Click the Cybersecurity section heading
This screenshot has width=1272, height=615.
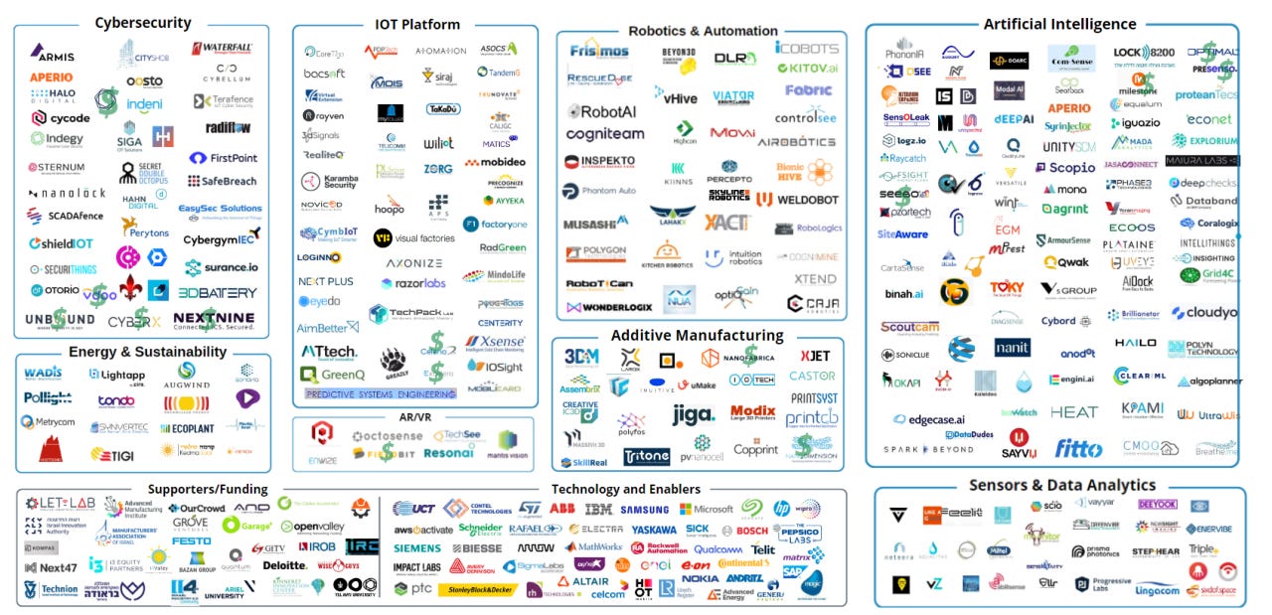[143, 23]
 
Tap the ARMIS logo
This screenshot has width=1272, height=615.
[52, 52]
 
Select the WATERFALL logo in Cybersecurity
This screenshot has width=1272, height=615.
[222, 48]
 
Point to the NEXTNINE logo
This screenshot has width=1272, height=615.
[214, 320]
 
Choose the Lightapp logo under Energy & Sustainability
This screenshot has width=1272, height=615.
[117, 375]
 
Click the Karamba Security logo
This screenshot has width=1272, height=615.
[329, 181]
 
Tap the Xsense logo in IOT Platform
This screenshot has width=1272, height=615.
[495, 342]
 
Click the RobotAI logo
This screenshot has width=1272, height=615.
[602, 112]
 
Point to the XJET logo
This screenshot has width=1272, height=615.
[815, 356]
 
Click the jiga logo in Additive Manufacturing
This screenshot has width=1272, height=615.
[692, 414]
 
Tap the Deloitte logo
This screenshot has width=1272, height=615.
[284, 564]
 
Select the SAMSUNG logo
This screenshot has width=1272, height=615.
[645, 509]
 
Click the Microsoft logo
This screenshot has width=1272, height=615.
[707, 509]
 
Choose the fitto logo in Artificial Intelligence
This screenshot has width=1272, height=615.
[1078, 447]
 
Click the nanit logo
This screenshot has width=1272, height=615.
[1013, 347]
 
